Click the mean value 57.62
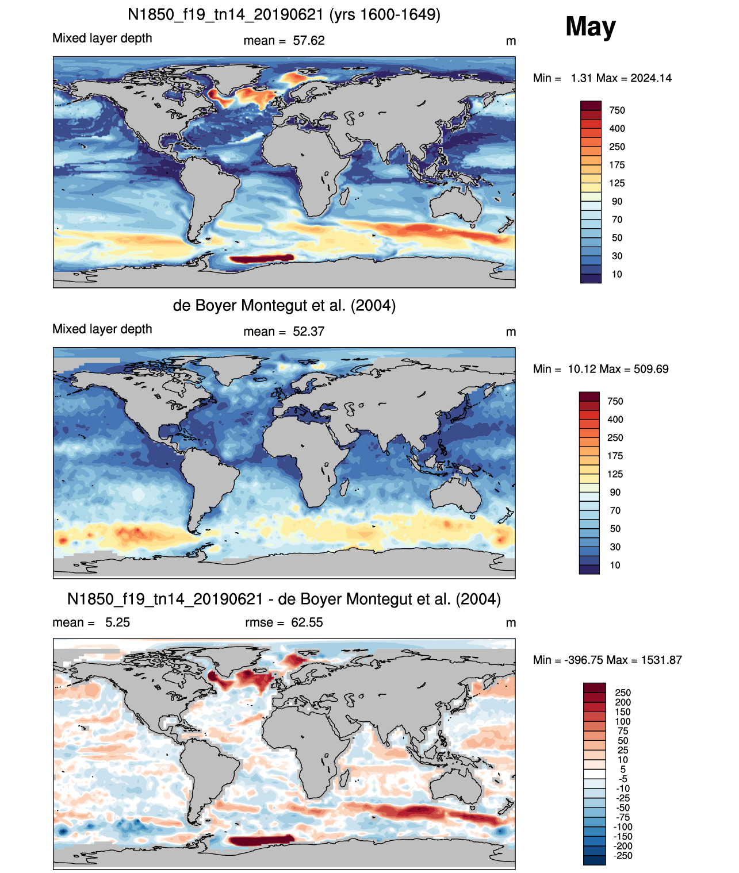(308, 41)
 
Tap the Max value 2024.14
(650, 78)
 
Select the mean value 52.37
(308, 332)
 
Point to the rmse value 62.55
(307, 622)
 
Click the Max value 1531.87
(661, 660)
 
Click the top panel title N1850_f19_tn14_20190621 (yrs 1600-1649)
(284, 15)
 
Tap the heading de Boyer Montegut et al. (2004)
(284, 305)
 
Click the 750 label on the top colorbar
(617, 110)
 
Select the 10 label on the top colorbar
(617, 274)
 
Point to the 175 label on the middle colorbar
(615, 456)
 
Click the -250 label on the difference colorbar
(623, 856)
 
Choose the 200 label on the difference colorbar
(623, 702)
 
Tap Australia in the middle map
(456, 496)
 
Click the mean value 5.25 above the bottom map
(117, 622)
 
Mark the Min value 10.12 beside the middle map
(582, 369)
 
